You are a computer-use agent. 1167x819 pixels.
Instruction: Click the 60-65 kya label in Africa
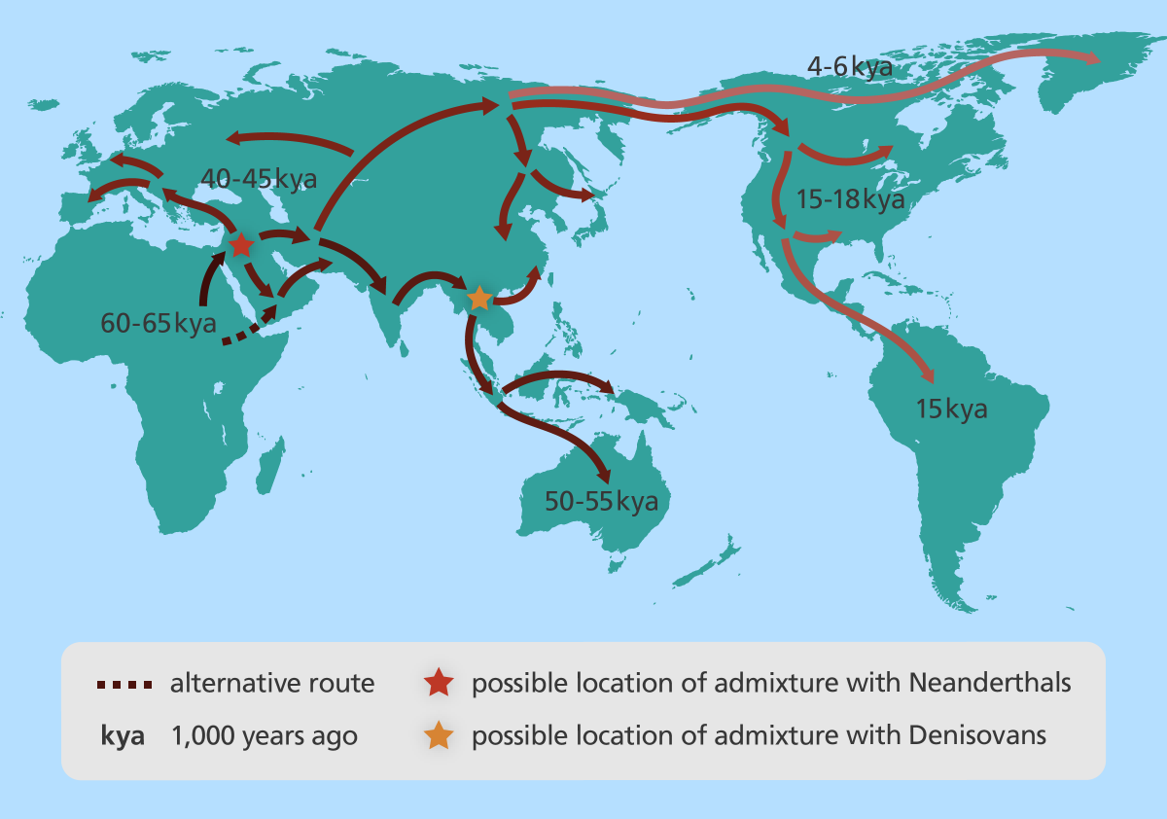click(158, 323)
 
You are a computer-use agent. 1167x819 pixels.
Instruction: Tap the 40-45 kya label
click(258, 179)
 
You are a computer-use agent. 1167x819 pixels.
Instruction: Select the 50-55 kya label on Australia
click(601, 502)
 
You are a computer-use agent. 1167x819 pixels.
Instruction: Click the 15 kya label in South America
click(951, 409)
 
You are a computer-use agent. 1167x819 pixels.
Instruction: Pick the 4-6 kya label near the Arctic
click(850, 68)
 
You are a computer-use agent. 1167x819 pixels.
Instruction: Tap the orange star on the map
click(479, 297)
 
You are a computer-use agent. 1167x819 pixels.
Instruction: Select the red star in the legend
click(440, 683)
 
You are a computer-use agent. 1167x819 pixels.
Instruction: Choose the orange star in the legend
click(440, 735)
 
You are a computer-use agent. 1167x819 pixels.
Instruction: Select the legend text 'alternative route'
click(272, 684)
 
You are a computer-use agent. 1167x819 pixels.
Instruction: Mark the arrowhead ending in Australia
click(605, 476)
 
